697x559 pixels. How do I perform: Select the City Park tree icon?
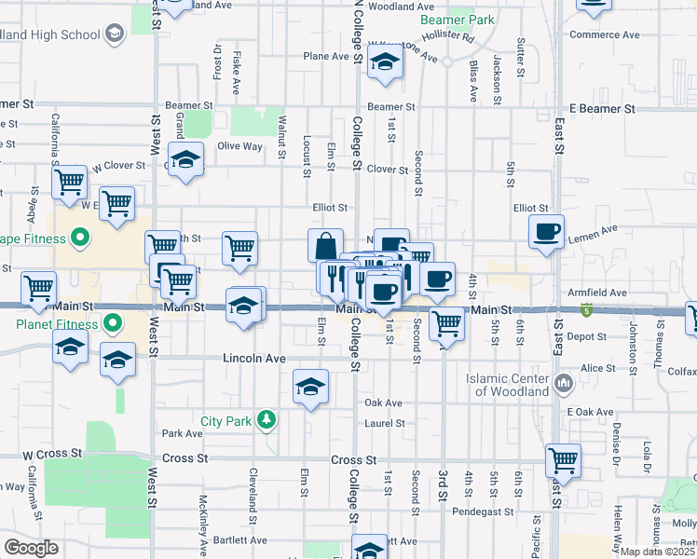click(267, 420)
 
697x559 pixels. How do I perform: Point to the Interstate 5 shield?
click(586, 309)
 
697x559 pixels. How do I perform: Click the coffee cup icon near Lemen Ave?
click(546, 231)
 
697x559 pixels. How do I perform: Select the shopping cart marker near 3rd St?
click(447, 324)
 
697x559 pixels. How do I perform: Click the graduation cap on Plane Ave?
click(383, 63)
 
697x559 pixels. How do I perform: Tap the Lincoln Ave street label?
click(253, 359)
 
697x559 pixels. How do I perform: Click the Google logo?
click(32, 548)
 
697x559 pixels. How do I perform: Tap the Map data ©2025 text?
click(658, 552)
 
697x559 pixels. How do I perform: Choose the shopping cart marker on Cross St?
click(563, 459)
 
